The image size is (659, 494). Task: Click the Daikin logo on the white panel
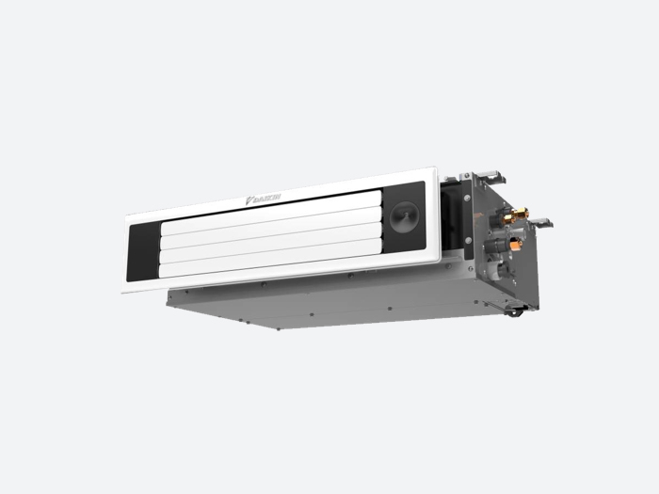[264, 199]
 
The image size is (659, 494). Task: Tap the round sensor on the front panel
[405, 215]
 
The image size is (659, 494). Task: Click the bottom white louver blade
[271, 259]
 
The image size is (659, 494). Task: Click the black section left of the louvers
[144, 252]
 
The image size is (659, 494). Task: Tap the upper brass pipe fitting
[516, 215]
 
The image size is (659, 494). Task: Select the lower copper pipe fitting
[515, 243]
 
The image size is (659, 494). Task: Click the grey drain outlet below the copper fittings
[503, 269]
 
